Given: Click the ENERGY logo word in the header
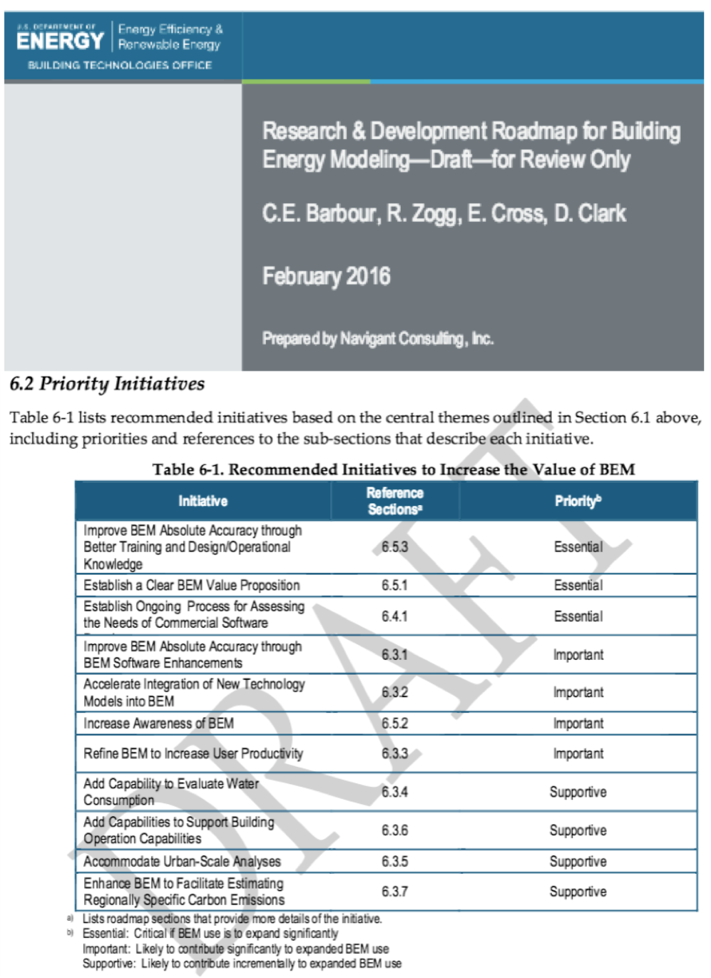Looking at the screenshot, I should pos(60,41).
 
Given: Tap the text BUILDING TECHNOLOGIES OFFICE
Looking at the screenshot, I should pos(120,65).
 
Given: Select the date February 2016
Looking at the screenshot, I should pos(326,276).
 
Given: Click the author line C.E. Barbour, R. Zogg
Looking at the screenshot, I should pos(444,213).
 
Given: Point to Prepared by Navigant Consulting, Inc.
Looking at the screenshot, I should pos(378,338).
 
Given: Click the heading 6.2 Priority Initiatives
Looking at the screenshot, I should pos(107,383).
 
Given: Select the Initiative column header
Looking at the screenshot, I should pos(203,501).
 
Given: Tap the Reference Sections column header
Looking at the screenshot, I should pos(395,501).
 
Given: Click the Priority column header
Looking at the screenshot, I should pos(578,501).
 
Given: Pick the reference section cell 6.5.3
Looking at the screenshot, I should pos(395,547).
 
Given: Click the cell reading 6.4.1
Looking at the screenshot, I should pos(395,616).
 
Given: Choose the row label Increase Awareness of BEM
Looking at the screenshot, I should pos(159,723).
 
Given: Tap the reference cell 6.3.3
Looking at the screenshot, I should pos(395,754).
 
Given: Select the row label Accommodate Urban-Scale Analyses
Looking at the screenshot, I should pos(182,862).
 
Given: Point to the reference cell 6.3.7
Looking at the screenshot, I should pos(395,892).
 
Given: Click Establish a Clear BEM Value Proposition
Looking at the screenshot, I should pos(191,585).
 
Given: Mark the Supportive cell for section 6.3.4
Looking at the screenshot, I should pos(578,792).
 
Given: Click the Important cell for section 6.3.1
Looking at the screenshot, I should pos(578,655).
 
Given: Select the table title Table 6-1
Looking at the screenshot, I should pos(393,469).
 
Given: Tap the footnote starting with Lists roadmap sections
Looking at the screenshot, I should pos(232,919).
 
